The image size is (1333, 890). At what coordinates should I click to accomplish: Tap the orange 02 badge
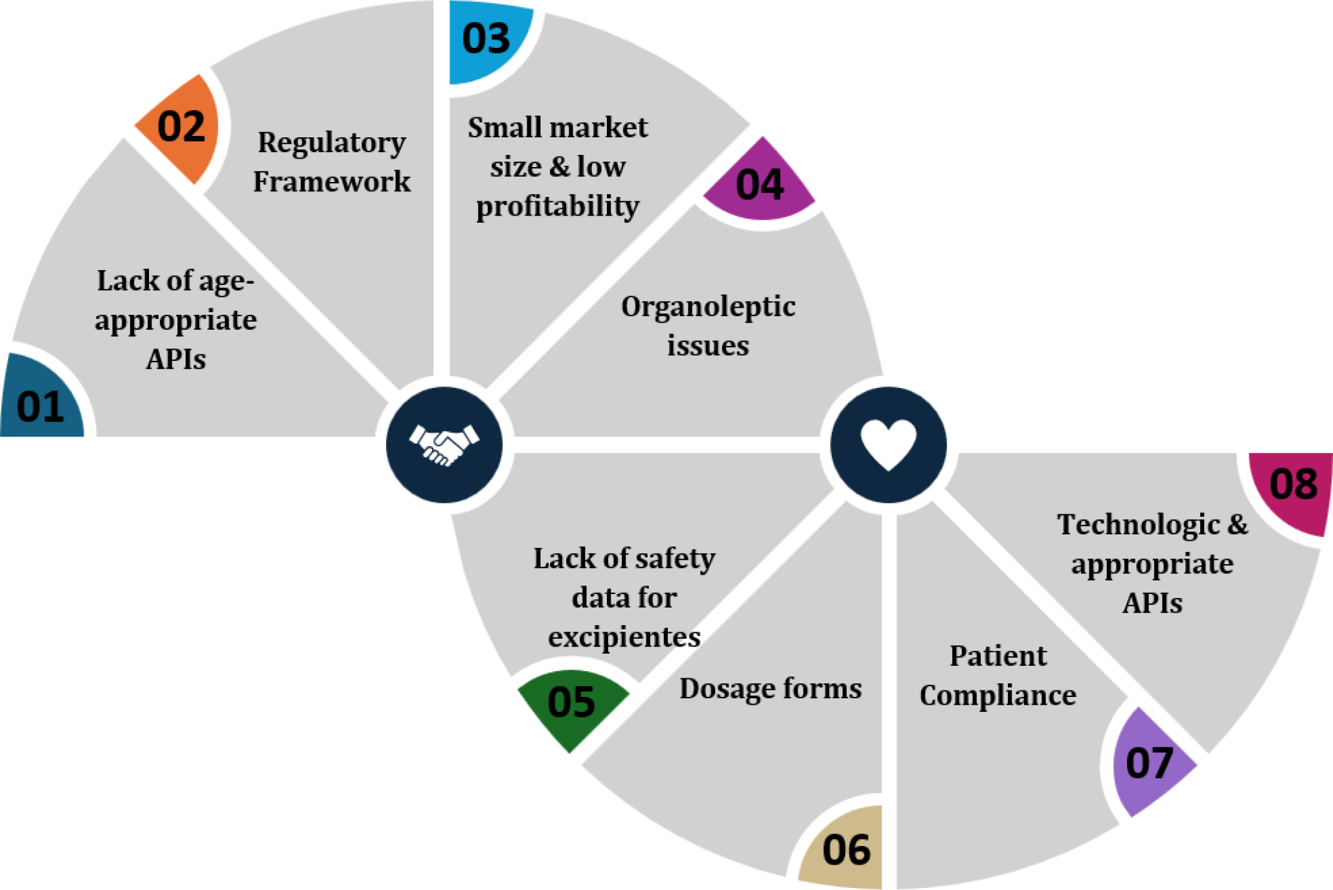pos(180,128)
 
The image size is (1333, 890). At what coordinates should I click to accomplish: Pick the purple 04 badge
pos(759,183)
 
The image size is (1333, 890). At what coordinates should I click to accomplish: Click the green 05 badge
pos(572,703)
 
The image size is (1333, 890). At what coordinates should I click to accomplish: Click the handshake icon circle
pos(444,445)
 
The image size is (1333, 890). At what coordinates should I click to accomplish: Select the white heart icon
pos(889,444)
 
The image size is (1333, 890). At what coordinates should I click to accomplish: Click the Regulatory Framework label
pos(332,162)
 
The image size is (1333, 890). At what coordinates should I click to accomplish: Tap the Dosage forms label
pos(771,688)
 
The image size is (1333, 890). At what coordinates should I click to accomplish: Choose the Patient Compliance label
pos(997,676)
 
